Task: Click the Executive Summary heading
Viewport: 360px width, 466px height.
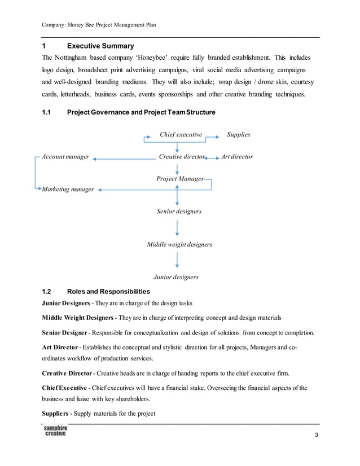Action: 100,46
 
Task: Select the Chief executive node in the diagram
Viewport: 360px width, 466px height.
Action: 181,135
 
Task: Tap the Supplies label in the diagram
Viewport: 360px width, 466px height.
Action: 238,135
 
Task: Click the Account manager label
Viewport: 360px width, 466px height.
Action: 65,157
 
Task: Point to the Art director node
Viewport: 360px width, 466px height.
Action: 237,157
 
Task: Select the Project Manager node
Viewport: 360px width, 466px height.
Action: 179,179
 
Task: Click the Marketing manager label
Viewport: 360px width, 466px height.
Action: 68,190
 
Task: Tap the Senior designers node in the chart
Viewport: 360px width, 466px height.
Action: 179,212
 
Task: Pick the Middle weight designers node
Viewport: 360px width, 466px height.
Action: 179,245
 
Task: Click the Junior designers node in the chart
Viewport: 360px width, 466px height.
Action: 176,278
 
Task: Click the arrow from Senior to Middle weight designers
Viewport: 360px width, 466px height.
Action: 178,228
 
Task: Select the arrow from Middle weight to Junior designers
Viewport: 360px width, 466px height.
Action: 178,261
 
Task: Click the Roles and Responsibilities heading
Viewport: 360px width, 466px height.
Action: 108,292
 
